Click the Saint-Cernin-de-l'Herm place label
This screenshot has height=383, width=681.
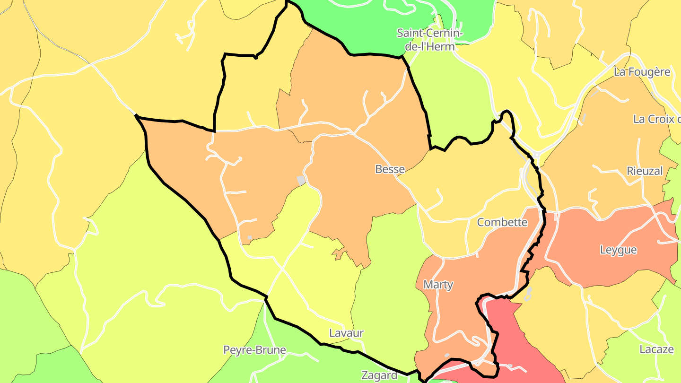pos(430,40)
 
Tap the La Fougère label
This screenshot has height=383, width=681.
pos(642,72)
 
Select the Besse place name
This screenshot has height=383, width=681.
pos(390,169)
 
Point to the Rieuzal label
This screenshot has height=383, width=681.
pos(645,171)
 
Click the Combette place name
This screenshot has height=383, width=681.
pos(502,222)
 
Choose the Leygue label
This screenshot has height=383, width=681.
pos(618,250)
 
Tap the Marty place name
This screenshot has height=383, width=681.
pos(438,285)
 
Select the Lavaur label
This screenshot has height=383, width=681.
pos(346,333)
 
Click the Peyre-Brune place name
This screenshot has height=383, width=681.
pos(254,350)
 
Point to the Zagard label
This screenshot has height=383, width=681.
pos(379,375)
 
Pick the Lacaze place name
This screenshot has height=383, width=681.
pos(656,349)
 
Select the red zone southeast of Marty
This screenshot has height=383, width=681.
pos(515,340)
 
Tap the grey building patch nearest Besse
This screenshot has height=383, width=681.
pos(301,180)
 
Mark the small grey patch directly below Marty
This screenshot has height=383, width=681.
pos(447,355)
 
